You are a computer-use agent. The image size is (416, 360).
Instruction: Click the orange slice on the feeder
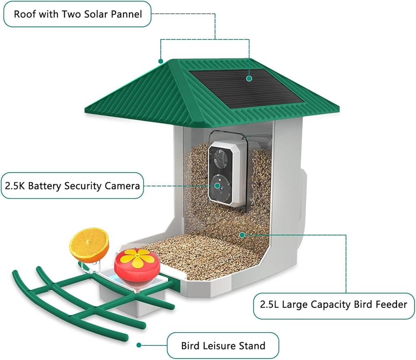click(x=89, y=245)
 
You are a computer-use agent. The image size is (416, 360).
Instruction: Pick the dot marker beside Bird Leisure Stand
click(x=139, y=345)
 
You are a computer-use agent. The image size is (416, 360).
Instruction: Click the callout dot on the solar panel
click(x=249, y=78)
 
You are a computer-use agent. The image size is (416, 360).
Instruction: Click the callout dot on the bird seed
click(x=242, y=234)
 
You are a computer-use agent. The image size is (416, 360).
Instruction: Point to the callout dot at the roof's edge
click(x=161, y=61)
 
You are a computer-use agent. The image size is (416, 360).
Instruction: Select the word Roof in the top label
click(x=23, y=14)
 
